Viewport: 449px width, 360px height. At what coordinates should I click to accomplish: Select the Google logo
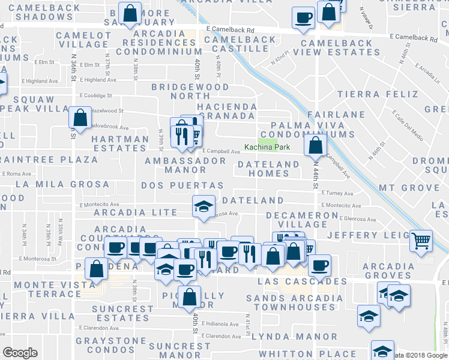coord(20,353)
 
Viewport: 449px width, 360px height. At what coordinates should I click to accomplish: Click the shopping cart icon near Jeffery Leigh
coord(421,241)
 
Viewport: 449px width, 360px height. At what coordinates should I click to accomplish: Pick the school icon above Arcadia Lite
coord(203,206)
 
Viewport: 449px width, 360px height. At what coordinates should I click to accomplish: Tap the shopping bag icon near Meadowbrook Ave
coord(79,118)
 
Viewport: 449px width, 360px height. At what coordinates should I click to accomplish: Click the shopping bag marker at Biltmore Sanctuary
coord(130,13)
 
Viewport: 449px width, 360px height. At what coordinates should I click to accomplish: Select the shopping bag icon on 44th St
coord(315,145)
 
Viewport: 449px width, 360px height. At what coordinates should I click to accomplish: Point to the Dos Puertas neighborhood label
coord(182,186)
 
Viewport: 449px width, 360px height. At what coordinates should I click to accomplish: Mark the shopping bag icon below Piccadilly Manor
coord(190,297)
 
